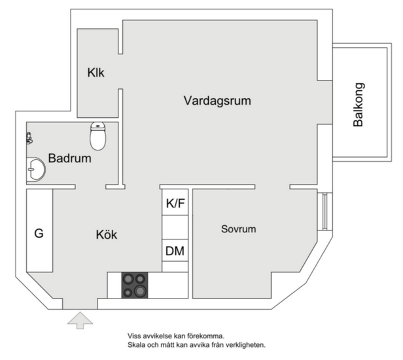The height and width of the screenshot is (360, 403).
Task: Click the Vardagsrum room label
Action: pyautogui.click(x=217, y=101)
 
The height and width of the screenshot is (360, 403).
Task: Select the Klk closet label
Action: pyautogui.click(x=96, y=73)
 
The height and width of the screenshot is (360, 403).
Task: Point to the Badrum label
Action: pyautogui.click(x=69, y=158)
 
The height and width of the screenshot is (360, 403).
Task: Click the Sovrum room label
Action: pyautogui.click(x=238, y=229)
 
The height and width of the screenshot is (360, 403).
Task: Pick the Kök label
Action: pyautogui.click(x=107, y=234)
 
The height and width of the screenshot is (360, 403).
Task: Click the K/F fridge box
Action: pyautogui.click(x=175, y=204)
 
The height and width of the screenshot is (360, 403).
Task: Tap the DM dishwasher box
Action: pyautogui.click(x=175, y=251)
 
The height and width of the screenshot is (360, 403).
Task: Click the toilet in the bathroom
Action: pyautogui.click(x=97, y=136)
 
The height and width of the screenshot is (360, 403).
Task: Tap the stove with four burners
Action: pyautogui.click(x=134, y=285)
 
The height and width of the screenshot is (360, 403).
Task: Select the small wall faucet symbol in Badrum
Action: pyautogui.click(x=29, y=138)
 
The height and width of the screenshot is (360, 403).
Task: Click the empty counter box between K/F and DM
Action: pyautogui.click(x=175, y=227)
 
